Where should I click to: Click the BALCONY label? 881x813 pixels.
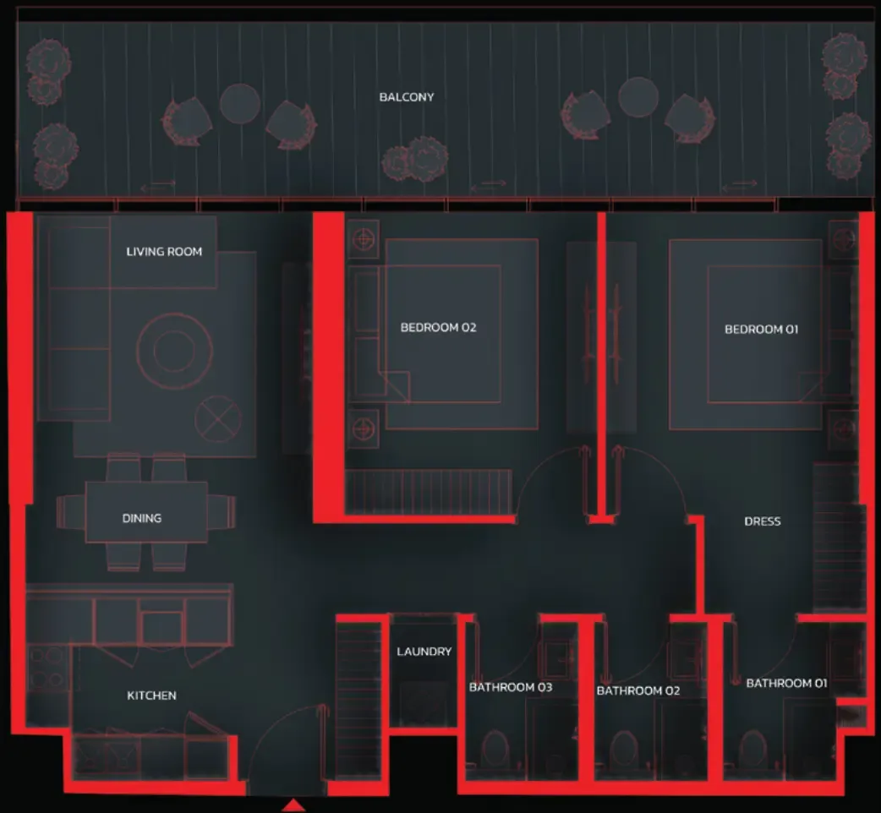point(406,97)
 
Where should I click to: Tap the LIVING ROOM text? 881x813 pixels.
point(164,252)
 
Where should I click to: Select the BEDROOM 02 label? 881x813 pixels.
point(438,327)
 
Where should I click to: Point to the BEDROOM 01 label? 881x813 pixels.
point(761,329)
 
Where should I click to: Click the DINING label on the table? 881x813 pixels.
point(141,518)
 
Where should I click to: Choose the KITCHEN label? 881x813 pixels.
point(151,696)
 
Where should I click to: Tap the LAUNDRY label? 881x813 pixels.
point(424,652)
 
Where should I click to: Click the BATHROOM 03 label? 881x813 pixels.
point(511,687)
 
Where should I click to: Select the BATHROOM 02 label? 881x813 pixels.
point(638,690)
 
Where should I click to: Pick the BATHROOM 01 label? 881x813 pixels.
point(786,684)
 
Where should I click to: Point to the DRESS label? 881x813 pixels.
point(763,521)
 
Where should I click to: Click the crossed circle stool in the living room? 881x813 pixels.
point(218,419)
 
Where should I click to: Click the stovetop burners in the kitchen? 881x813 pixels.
point(47,668)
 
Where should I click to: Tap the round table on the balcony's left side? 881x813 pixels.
point(240,103)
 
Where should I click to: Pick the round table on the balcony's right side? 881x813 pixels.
point(638,97)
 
